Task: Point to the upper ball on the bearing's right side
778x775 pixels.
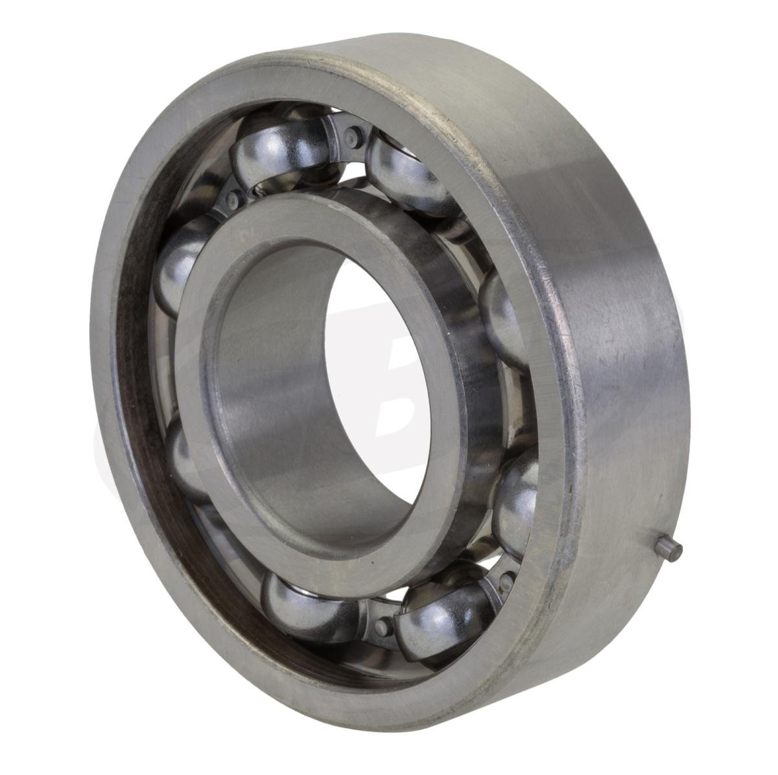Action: point(502,311)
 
